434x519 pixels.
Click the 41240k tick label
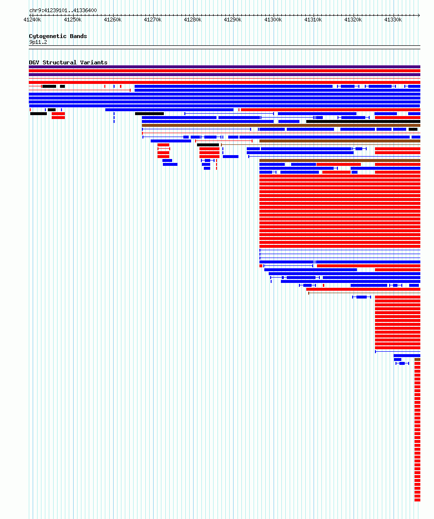point(32,20)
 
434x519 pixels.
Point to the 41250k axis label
point(73,20)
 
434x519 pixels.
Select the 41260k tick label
point(113,20)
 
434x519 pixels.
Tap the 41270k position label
point(153,20)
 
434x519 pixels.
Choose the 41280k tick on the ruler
point(193,20)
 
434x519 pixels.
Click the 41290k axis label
point(233,20)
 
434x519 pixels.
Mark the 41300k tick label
point(273,20)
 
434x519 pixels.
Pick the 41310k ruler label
point(313,20)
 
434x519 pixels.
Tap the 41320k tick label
point(353,20)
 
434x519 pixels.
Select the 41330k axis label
point(393,20)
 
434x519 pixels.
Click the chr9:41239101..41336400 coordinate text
point(63,11)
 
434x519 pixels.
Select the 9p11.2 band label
point(38,42)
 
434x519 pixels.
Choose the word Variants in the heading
point(94,62)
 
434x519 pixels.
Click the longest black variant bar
point(363,121)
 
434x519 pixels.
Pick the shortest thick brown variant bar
point(417,359)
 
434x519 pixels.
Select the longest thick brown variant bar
point(281,125)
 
